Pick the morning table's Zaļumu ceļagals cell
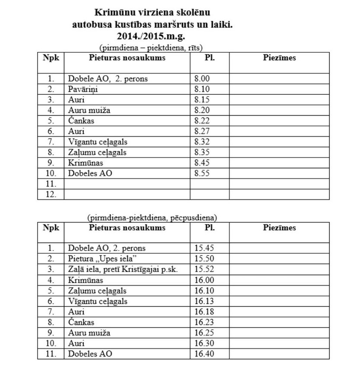(97, 152)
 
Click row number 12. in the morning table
(51, 194)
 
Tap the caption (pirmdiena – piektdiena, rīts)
(151, 47)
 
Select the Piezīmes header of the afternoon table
(279, 228)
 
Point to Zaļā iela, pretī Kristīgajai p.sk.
(123, 269)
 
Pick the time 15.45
(204, 248)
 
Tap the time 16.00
(204, 280)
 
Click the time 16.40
(204, 354)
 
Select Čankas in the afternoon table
(81, 322)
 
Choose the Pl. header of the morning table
(209, 58)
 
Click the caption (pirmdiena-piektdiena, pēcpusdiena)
(152, 217)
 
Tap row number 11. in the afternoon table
(51, 354)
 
